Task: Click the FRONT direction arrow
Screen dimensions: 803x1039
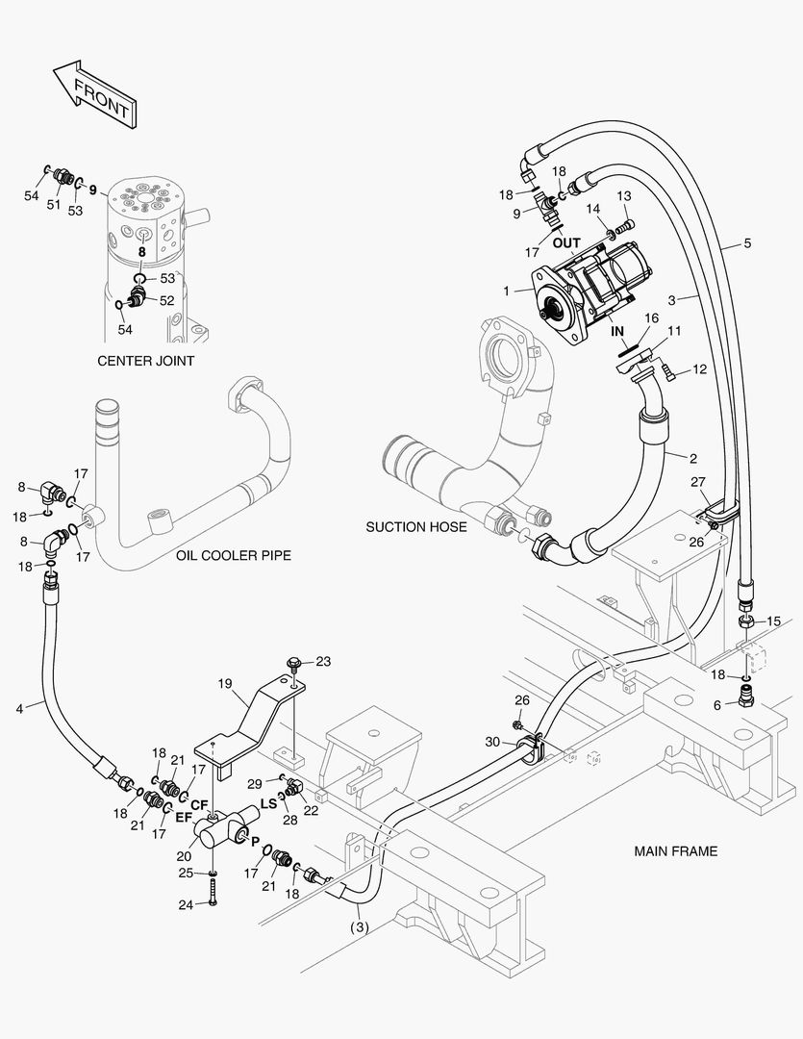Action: [x=94, y=93]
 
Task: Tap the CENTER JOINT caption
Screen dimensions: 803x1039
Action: [x=146, y=361]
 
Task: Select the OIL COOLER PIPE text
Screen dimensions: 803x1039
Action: [x=234, y=555]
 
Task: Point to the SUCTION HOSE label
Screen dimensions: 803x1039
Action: [x=416, y=527]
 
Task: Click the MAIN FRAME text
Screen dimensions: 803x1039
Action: [x=676, y=850]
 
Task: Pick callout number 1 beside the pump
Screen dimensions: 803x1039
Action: [x=507, y=291]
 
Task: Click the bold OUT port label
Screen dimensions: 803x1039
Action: [x=566, y=243]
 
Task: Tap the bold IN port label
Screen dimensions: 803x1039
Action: [x=617, y=331]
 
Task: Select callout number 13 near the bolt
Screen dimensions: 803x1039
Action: [x=624, y=196]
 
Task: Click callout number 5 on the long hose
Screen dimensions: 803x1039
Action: [x=747, y=243]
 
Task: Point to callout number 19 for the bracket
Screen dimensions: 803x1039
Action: [x=225, y=682]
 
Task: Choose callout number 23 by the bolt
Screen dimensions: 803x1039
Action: [x=323, y=661]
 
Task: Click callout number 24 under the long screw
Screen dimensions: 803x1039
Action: [x=187, y=904]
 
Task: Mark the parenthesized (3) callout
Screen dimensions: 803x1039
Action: [x=359, y=927]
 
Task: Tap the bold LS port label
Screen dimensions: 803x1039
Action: [x=268, y=803]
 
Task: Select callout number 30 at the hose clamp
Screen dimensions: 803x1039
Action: [x=492, y=742]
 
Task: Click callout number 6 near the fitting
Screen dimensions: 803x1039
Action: [x=716, y=706]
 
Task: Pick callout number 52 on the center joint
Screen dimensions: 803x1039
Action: [x=167, y=300]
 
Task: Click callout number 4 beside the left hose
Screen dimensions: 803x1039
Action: [x=20, y=709]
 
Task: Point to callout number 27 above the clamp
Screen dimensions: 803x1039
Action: [x=698, y=482]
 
